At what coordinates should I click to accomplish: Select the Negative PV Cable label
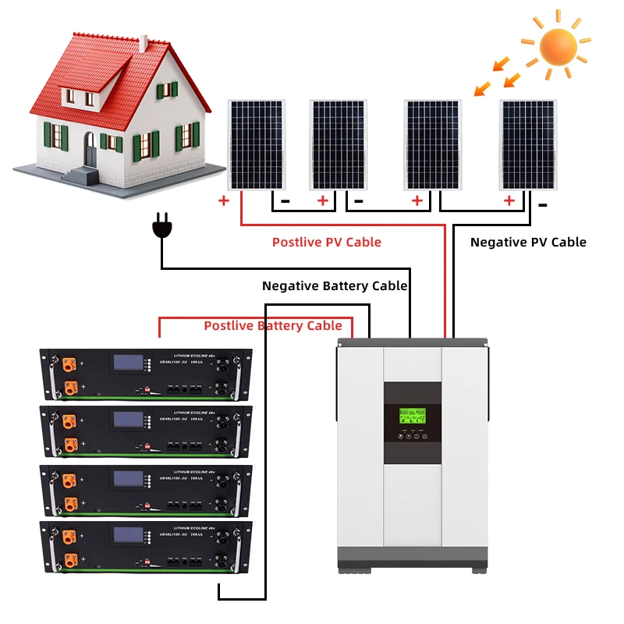[x=528, y=242]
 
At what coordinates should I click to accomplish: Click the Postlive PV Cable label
[x=326, y=242]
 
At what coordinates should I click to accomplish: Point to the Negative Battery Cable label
[x=335, y=286]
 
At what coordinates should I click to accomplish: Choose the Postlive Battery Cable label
[x=273, y=325]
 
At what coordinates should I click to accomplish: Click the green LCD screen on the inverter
[x=411, y=417]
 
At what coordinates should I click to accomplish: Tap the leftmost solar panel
[x=256, y=144]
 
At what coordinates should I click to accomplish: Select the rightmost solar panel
[x=528, y=144]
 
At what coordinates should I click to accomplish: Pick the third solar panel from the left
[x=433, y=144]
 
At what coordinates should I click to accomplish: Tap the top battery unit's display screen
[x=127, y=363]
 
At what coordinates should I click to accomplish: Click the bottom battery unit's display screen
[x=127, y=536]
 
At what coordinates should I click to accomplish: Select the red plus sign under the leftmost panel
[x=224, y=200]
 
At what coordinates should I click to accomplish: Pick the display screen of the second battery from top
[x=127, y=420]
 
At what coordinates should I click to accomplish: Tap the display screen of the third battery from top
[x=127, y=478]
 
